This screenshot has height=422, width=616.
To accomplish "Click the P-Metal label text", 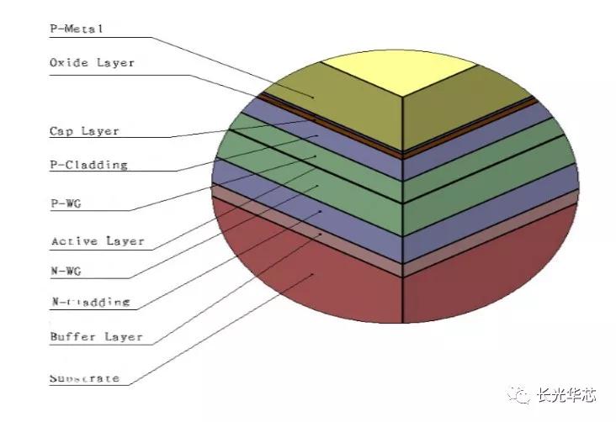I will [x=76, y=28].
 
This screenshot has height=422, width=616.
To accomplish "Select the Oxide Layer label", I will [x=91, y=62].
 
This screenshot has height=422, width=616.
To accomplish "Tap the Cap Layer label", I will [x=83, y=131].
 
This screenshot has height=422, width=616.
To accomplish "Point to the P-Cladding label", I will [x=88, y=165].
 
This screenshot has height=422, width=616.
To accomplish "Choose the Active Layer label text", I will [x=97, y=241].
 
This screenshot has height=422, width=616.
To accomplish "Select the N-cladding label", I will [x=89, y=301].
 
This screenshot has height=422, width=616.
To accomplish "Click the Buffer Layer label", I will [x=95, y=337].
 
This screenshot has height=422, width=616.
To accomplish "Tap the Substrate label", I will [x=84, y=378].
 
